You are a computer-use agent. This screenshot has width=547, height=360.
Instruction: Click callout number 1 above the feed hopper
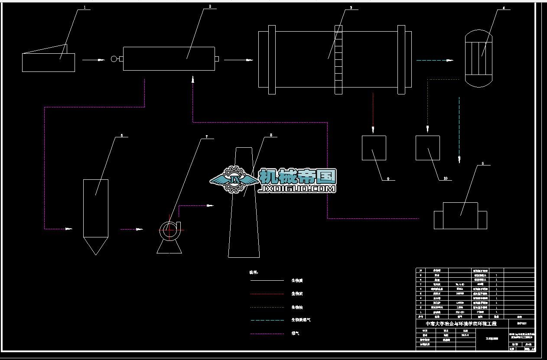point(84,7)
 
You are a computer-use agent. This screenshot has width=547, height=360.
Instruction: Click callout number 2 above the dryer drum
point(210,6)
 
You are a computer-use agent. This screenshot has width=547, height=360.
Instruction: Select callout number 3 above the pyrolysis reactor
point(351,7)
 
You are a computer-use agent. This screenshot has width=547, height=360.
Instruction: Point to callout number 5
point(483,164)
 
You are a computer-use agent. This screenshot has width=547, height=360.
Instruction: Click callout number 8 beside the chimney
point(271,135)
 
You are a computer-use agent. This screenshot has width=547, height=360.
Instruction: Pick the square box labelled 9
point(374,148)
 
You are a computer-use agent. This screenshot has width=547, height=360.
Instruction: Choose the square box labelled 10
point(428,148)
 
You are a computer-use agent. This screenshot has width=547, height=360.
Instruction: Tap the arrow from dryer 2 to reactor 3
point(238,60)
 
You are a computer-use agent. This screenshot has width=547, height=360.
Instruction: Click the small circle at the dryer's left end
point(114,59)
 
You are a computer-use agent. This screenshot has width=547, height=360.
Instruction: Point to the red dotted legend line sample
point(267,294)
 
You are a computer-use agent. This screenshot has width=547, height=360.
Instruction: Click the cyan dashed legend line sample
point(267,320)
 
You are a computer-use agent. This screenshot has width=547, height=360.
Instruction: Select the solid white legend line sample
point(267,281)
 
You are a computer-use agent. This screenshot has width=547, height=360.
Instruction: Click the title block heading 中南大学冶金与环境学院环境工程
point(461,324)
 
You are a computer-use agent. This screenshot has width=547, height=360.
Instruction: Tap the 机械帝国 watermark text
point(297,176)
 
